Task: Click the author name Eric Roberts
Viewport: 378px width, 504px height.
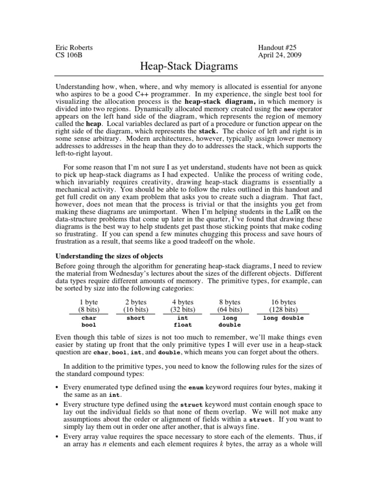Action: [x=74, y=48]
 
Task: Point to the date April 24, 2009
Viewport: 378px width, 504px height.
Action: [x=280, y=55]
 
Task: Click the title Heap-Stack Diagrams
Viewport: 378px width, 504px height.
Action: [x=189, y=66]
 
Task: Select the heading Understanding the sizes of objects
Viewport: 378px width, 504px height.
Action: [x=109, y=256]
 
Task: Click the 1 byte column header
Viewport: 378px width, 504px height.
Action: [x=89, y=302]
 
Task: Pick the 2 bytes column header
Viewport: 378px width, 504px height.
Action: [x=135, y=302]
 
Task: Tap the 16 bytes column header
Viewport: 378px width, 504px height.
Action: [x=283, y=302]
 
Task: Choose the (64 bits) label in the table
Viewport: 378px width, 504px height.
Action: [x=229, y=310]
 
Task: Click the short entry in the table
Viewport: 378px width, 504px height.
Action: [x=135, y=318]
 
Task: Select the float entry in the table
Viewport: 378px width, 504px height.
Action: [x=183, y=325]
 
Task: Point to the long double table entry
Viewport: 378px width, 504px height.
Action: [x=283, y=318]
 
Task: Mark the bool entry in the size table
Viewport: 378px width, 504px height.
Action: [x=89, y=325]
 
